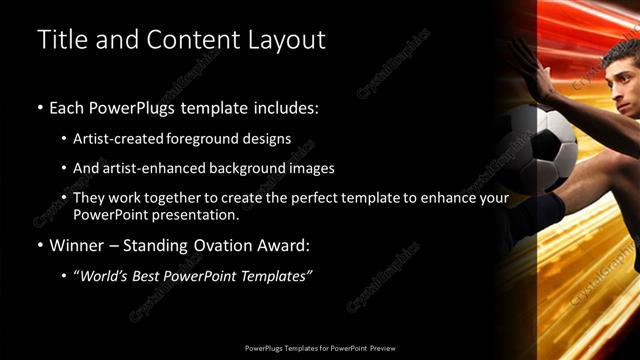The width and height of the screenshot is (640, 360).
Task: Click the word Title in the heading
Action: [59, 40]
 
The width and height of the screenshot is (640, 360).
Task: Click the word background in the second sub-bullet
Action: [240, 168]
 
